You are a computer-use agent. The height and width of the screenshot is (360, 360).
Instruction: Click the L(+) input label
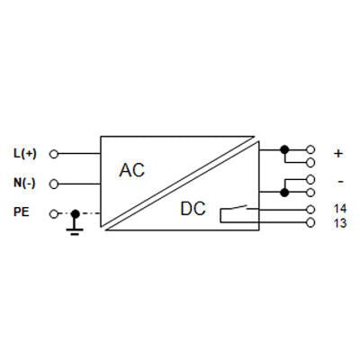(x=25, y=154)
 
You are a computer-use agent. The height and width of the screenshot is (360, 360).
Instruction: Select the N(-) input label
(x=24, y=183)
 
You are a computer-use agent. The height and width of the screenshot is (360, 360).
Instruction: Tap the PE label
(x=22, y=212)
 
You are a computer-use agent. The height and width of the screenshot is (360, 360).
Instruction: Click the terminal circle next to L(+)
(x=54, y=154)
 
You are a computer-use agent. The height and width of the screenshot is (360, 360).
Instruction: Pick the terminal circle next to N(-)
(x=54, y=184)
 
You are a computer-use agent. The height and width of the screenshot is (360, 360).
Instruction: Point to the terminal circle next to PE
(x=53, y=214)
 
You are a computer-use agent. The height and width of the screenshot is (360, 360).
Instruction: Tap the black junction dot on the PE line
(x=75, y=214)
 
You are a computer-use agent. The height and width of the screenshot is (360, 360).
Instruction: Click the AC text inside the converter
(x=131, y=170)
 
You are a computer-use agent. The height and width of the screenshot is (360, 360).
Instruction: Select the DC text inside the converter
(x=193, y=209)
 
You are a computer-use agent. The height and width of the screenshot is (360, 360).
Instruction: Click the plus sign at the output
(x=338, y=154)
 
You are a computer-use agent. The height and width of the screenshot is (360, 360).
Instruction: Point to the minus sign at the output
(x=340, y=182)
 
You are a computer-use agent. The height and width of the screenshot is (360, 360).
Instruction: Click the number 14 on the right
(x=340, y=208)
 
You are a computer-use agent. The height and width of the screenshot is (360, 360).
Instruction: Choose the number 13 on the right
(x=340, y=223)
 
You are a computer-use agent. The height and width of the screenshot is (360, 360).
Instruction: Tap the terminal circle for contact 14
(x=310, y=209)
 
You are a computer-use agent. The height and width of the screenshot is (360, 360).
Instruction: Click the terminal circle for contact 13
(x=310, y=223)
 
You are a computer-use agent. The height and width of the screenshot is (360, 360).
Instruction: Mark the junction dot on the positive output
(x=284, y=149)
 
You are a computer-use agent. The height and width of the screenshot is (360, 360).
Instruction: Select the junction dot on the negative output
(x=284, y=193)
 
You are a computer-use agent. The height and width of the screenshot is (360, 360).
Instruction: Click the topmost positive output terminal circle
(x=310, y=149)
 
